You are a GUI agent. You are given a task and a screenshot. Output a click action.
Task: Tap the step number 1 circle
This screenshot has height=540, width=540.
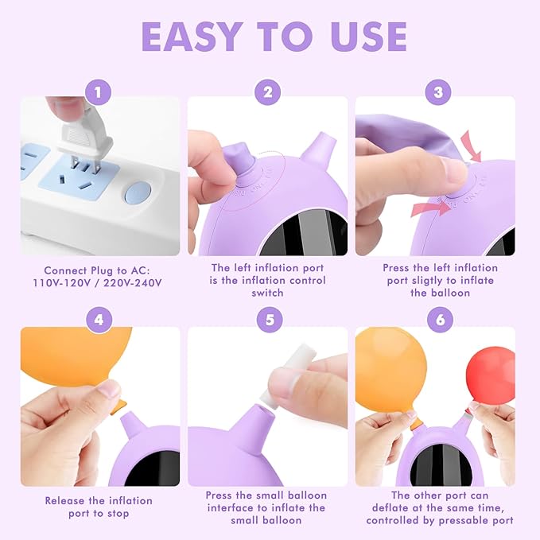coord(99,92)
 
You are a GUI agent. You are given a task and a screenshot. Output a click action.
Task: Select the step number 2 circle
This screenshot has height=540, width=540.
coord(268,92)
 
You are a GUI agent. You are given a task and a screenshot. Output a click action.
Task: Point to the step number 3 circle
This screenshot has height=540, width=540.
coord(438,92)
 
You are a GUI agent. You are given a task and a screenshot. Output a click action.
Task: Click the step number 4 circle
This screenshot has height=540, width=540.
coord(99,320)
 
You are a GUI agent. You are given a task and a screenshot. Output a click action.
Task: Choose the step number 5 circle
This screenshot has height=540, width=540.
coord(270,320)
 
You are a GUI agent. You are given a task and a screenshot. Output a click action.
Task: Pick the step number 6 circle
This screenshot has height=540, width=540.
coord(440,320)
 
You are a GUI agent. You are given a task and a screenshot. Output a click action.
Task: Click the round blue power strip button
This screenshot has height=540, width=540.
coord(138,192)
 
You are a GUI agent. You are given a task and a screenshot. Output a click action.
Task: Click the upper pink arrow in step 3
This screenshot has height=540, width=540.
coord(472,146)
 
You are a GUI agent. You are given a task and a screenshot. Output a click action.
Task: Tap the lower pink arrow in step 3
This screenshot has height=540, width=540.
coord(430,209)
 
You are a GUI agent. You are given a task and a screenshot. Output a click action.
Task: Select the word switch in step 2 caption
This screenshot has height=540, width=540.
coord(267,293)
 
